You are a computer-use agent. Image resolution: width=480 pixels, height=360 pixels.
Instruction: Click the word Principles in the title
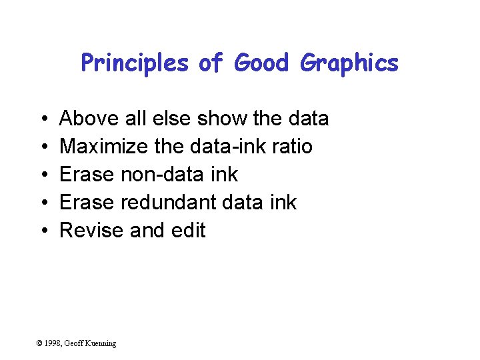click(135, 63)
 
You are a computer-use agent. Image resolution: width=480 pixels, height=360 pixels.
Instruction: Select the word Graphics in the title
click(349, 63)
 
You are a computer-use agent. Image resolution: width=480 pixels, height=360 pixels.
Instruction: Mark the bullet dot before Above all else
click(42, 119)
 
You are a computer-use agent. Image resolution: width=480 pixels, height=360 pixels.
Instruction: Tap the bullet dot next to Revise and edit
click(42, 231)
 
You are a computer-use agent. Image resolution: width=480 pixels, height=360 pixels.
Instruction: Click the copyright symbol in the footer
click(39, 343)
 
